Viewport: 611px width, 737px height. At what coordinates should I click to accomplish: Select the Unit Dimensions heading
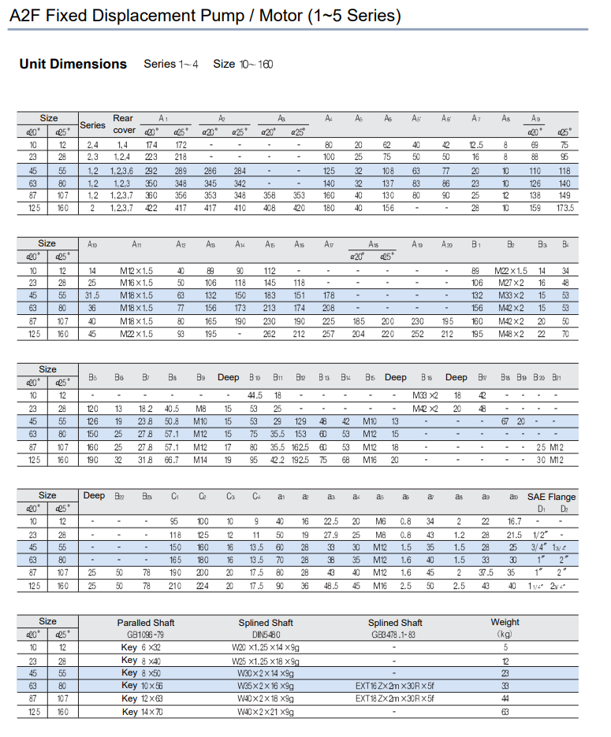(x=73, y=64)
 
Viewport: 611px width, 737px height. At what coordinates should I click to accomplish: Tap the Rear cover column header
(x=124, y=124)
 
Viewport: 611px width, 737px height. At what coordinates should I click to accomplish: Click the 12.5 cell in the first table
(x=475, y=145)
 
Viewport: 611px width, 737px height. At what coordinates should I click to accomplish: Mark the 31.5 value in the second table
(x=92, y=295)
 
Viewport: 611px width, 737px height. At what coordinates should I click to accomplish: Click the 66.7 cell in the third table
(x=171, y=460)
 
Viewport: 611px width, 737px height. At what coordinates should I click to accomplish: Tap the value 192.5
(x=300, y=460)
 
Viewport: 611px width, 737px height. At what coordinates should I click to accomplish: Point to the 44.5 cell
(x=255, y=395)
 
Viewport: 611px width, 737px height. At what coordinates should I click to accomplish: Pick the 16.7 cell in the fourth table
(x=514, y=521)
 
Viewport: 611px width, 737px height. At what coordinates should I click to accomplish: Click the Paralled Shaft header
(x=146, y=622)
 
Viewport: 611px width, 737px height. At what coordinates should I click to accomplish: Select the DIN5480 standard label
(x=266, y=633)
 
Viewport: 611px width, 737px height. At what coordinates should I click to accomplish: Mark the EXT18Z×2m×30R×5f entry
(x=394, y=698)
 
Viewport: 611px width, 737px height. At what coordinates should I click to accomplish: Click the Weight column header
(x=505, y=622)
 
